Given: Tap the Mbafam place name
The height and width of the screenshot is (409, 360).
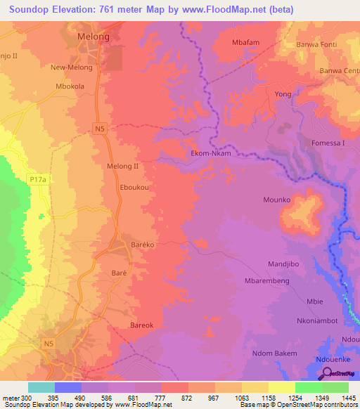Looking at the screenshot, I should coord(246,42).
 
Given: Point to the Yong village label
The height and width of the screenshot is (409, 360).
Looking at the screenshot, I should coord(283,93).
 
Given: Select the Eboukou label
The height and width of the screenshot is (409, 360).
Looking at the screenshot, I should coord(134,188).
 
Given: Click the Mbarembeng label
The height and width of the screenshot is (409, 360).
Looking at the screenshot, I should coord(266,280).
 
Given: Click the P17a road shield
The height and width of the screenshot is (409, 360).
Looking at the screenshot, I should coord(38,180).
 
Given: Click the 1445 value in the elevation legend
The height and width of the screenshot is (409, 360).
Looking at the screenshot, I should coord(349,398).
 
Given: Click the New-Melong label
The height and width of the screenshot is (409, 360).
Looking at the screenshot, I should coord(68,67).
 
